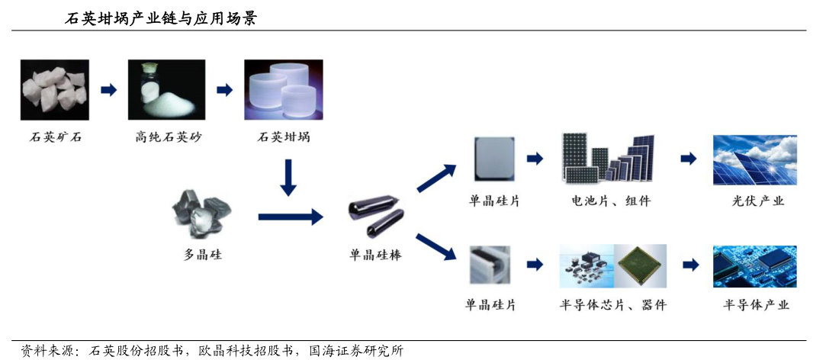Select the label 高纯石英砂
(169, 138)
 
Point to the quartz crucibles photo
(284, 90)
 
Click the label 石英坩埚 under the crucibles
(284, 138)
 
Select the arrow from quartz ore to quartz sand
(109, 90)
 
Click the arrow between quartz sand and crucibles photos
(224, 90)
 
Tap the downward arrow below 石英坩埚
(288, 177)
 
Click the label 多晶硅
(203, 255)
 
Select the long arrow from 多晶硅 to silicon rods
(291, 217)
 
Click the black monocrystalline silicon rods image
(375, 217)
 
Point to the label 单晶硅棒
(375, 256)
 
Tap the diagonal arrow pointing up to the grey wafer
(437, 178)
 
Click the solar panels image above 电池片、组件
(609, 160)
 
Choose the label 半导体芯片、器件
(612, 305)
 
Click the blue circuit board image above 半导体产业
(754, 266)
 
